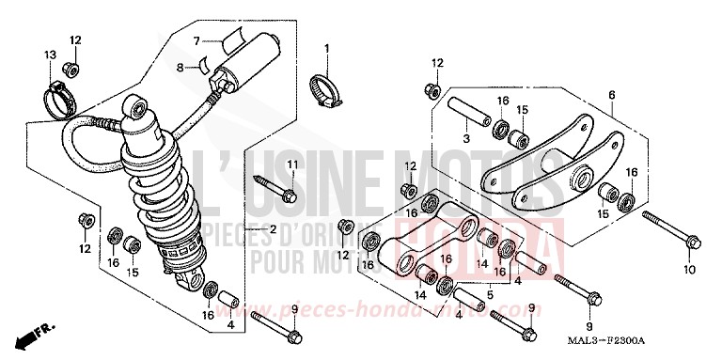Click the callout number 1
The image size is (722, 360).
[x=328, y=48]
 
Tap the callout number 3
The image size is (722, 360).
[x=465, y=138]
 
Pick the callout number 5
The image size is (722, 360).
[x=490, y=294]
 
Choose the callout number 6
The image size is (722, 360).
[x=610, y=95]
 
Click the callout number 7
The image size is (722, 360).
[x=198, y=40]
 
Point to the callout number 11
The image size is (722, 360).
[x=291, y=166]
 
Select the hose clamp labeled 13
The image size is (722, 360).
[x=58, y=95]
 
